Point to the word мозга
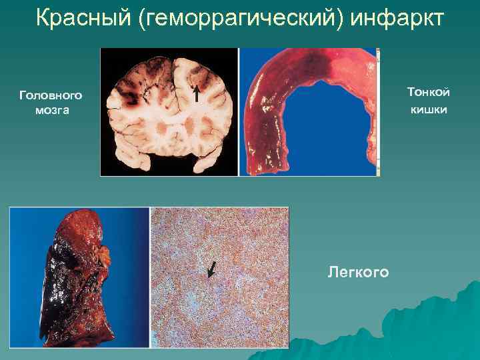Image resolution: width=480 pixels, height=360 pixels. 51,110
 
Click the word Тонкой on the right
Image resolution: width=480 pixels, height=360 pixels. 428,93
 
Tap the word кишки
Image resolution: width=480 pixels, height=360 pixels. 429,109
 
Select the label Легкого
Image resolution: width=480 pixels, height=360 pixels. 358,272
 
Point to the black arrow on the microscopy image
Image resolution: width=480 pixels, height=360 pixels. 211,269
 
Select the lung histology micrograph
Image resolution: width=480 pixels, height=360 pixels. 220,277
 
